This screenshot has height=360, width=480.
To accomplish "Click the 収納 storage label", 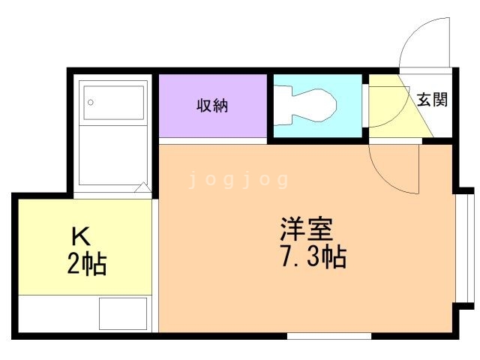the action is [212, 106].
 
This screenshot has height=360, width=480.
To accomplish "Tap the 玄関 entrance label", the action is [432, 100].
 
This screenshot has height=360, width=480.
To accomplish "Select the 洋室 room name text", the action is [307, 229].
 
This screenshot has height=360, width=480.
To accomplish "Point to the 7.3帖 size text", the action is [313, 256].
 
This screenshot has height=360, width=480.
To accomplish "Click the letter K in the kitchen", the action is [81, 236].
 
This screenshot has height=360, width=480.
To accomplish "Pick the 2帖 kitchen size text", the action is [87, 263].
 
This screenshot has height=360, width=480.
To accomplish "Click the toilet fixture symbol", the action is [305, 106].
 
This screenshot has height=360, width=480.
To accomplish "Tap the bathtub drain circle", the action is [91, 102].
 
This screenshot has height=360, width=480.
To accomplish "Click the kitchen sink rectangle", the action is [123, 313].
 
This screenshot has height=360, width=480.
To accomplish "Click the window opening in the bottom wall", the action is [329, 336].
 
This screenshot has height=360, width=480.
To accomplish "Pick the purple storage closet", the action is [213, 106].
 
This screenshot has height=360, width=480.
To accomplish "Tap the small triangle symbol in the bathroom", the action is [142, 187].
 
